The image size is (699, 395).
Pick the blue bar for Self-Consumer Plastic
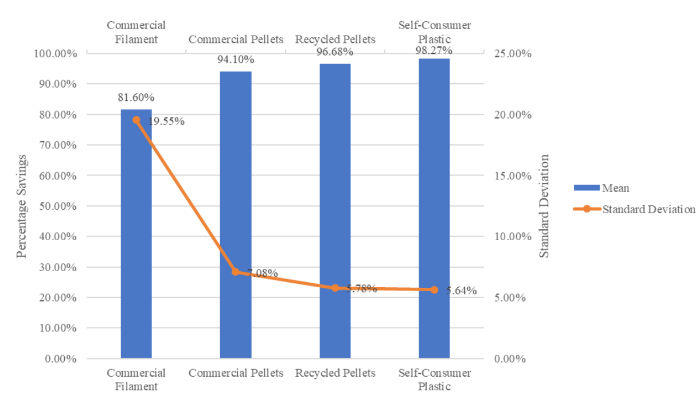click(x=434, y=209)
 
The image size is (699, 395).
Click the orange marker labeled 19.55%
click(x=136, y=120)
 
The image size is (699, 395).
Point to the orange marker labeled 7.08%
click(x=236, y=272)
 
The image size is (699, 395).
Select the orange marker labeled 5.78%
click(x=335, y=288)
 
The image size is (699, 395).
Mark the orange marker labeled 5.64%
click(x=434, y=290)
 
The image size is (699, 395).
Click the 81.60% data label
click(x=135, y=97)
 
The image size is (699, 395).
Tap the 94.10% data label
click(x=236, y=60)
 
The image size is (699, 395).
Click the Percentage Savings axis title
click(x=21, y=206)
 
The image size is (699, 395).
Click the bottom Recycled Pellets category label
click(x=335, y=373)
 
